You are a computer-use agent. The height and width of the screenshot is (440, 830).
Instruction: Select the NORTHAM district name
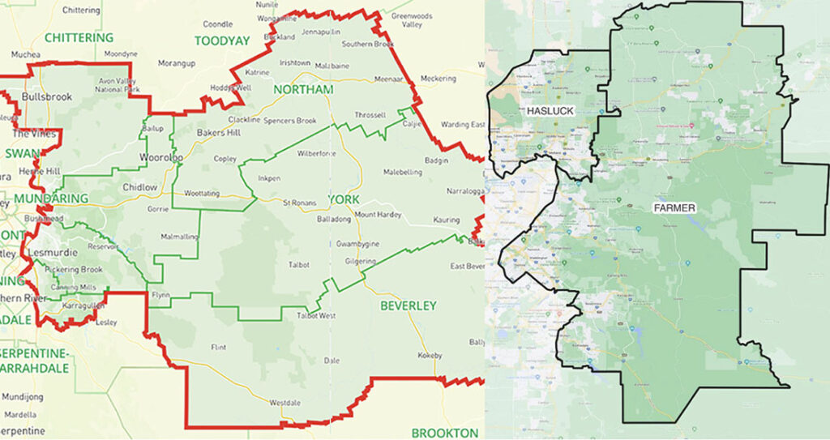[x=303, y=89]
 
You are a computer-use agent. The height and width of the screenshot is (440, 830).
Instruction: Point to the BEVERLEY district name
[x=409, y=305]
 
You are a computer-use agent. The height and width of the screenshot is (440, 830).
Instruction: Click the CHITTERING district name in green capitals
[x=79, y=38]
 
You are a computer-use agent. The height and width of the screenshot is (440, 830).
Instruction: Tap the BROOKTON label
[x=445, y=433]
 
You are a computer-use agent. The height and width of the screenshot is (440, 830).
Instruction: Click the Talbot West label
[x=316, y=316]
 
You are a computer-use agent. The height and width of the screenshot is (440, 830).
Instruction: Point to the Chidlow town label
[x=139, y=188]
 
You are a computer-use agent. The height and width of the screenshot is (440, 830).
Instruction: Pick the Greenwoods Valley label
[x=412, y=20]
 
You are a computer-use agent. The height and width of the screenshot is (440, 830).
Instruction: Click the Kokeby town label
[x=430, y=356]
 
